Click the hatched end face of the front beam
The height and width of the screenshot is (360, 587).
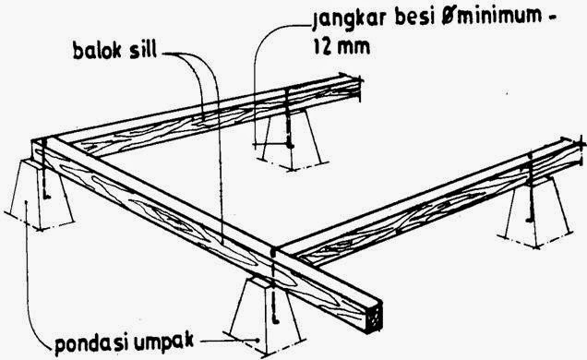(377, 317)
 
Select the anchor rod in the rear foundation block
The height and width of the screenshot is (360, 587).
(289, 129)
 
